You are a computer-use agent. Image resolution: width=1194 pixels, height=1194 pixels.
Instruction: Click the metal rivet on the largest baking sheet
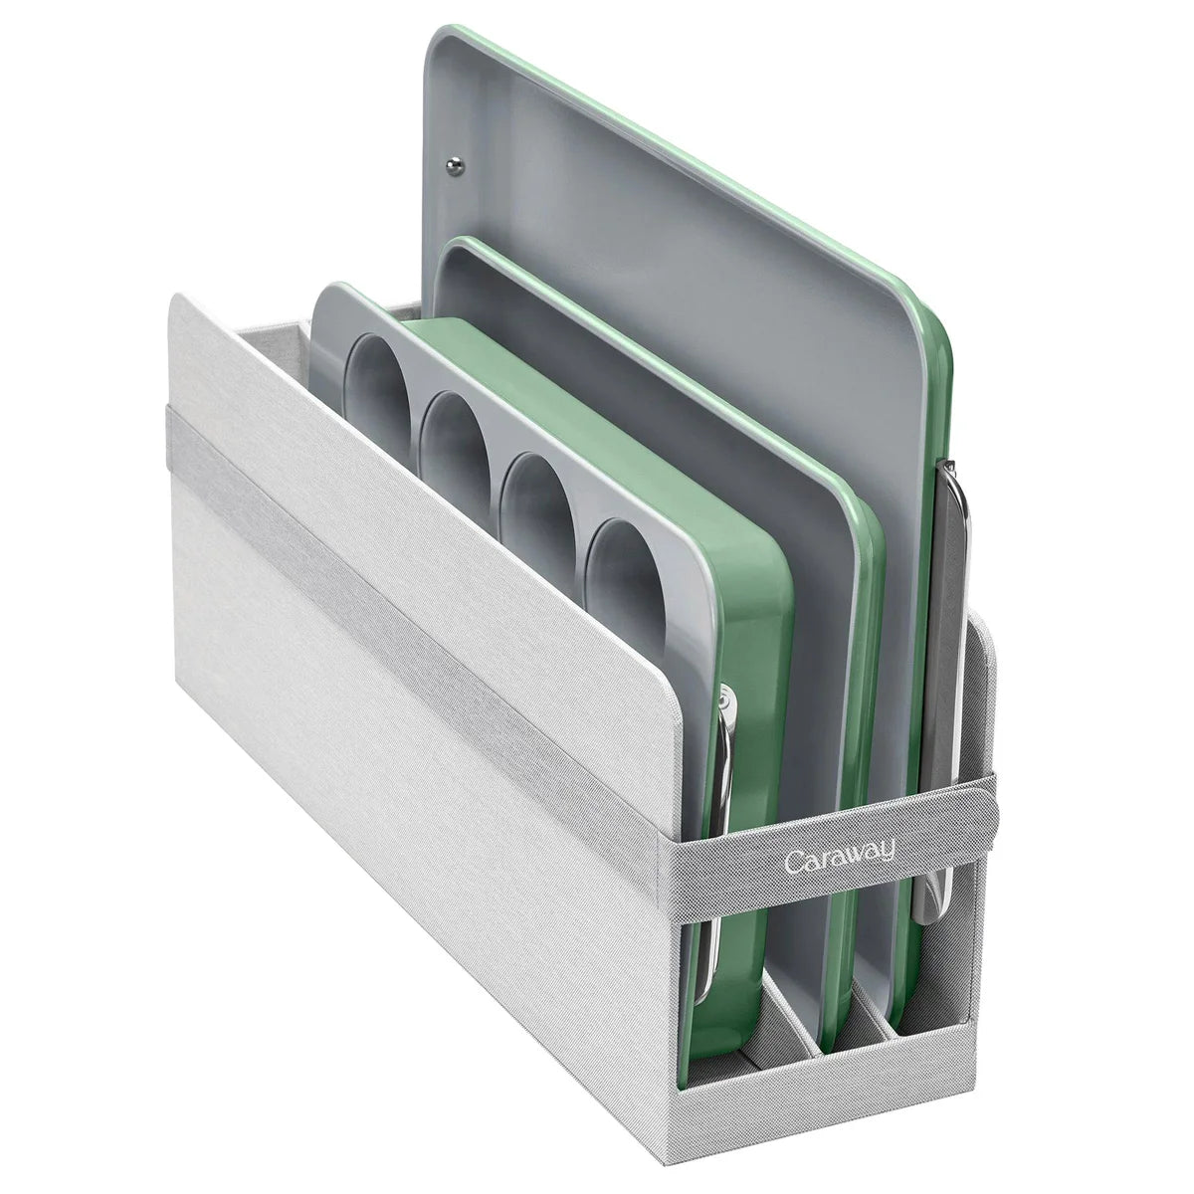(x=455, y=163)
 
